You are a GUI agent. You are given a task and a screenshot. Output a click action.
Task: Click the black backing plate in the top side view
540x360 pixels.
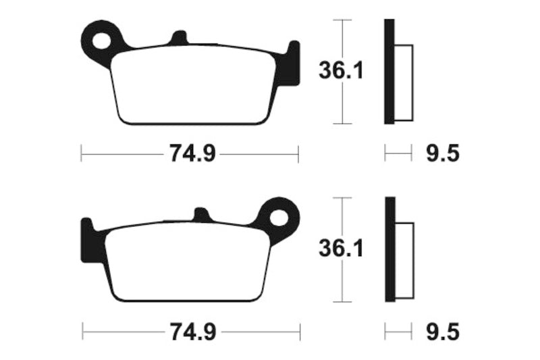coord(388,72)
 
